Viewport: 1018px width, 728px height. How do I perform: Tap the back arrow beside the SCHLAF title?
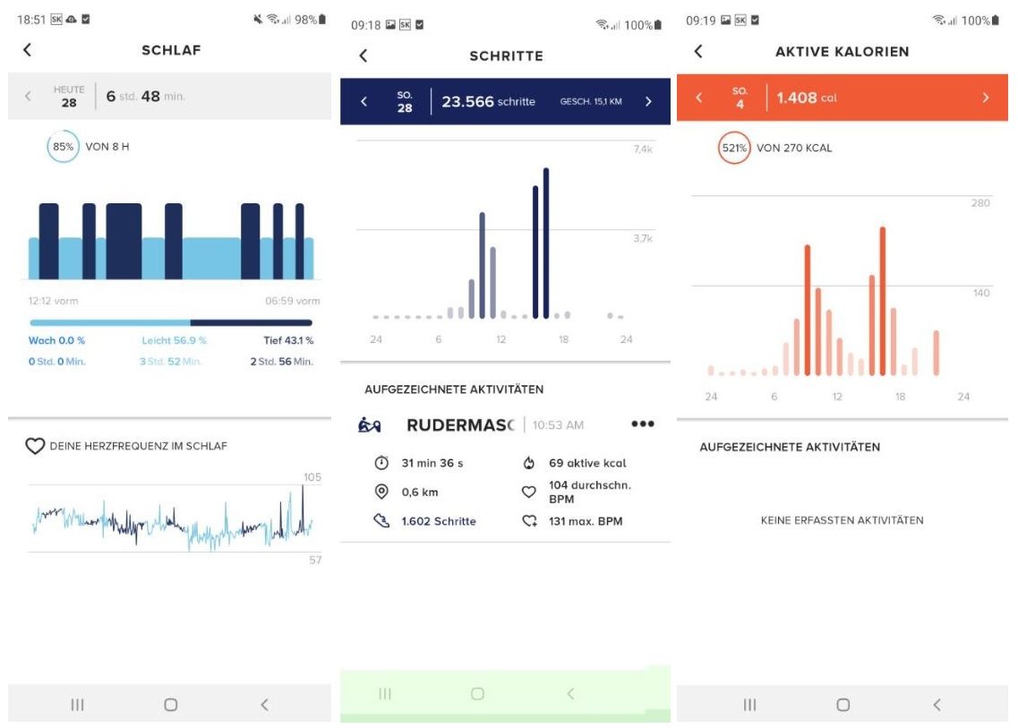coord(27,50)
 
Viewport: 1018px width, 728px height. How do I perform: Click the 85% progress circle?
coord(62,147)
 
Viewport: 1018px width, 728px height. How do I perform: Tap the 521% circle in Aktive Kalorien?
coord(734,148)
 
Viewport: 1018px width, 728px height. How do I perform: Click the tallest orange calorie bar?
coord(882,302)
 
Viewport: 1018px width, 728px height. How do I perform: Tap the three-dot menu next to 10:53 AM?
coord(642,424)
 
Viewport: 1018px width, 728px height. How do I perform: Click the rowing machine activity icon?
coord(370,425)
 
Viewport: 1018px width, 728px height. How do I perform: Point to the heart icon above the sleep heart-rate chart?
coord(35,446)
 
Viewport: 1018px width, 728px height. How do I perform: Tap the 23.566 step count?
coord(467,102)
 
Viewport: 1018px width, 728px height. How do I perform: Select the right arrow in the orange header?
coord(986,98)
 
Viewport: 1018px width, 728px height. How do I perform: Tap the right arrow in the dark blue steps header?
coord(649,102)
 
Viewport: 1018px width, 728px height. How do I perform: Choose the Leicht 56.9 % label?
coord(174,340)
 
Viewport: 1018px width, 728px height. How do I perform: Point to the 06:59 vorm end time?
coord(292,301)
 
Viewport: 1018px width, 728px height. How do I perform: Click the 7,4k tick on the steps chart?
coord(642,150)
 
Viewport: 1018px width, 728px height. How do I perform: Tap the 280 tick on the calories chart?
coord(980,203)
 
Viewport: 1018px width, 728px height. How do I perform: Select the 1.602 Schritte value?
coord(438,521)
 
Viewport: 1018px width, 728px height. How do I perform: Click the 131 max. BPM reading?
coord(585,521)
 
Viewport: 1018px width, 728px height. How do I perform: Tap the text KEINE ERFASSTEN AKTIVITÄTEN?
coord(842,520)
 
